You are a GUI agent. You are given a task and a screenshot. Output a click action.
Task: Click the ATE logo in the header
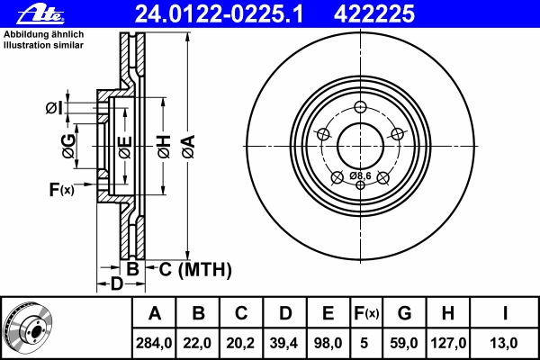tap(40, 13)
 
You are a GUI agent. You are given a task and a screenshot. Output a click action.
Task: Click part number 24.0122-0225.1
tap(219, 14)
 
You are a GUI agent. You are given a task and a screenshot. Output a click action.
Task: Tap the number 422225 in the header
tap(374, 14)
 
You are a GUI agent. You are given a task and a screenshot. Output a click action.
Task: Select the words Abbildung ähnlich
tap(44, 34)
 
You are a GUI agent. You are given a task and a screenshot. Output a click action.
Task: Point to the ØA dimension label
tap(189, 147)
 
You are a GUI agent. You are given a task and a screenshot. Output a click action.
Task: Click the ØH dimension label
tap(165, 147)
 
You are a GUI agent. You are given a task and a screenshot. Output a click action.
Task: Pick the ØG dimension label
tap(69, 146)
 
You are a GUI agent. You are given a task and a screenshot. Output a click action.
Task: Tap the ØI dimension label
tap(54, 108)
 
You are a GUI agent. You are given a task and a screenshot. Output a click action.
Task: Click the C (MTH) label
tap(195, 269)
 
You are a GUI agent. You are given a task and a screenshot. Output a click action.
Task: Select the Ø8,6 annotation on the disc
tap(360, 175)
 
